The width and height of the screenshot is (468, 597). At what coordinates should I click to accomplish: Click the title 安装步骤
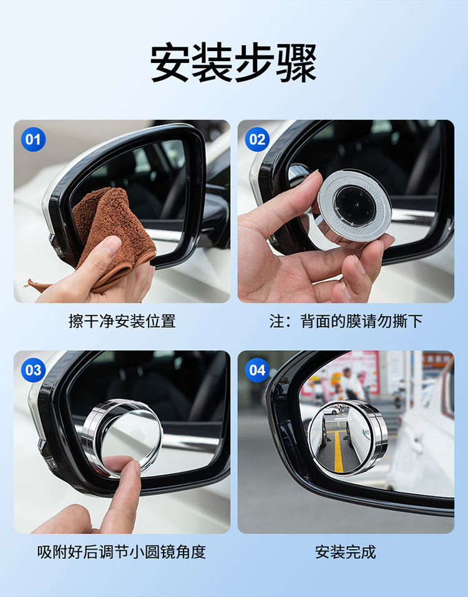tap(234, 62)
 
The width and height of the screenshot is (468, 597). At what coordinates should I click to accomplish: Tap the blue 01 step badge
tap(33, 139)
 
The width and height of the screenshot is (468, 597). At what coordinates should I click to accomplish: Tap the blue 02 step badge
tap(257, 139)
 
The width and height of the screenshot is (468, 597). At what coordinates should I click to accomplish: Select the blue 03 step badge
tap(33, 370)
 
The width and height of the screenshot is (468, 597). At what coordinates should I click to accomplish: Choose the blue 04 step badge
tap(257, 370)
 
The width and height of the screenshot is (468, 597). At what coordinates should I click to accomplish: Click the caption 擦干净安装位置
tap(122, 321)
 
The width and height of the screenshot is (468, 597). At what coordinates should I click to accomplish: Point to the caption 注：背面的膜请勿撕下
tap(346, 321)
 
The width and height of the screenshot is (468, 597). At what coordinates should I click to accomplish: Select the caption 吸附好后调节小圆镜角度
tap(122, 552)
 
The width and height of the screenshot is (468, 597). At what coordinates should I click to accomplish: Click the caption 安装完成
tap(346, 552)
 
